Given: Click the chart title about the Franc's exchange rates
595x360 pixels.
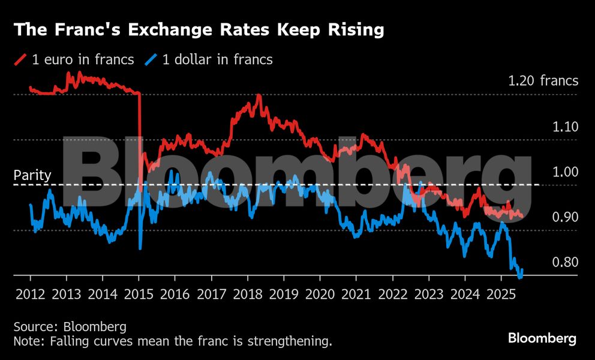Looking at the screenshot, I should pos(199,29).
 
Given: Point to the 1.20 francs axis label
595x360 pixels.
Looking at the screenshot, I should pos(543,80).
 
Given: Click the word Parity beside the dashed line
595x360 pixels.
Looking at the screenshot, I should pos(32,176).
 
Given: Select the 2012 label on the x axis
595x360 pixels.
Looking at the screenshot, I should pos(31,295).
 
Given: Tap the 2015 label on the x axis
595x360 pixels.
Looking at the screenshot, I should pos(139,295).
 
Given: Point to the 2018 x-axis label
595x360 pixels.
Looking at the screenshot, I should pos(248,295).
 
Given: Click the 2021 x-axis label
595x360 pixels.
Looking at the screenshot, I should pos(356,295).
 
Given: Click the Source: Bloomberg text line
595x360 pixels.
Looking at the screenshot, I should pos(70,327).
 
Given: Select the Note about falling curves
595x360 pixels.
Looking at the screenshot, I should pos(173,341).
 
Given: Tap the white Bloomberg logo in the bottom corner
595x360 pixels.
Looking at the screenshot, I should pos(542,338).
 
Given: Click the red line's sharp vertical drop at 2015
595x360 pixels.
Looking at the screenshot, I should pos(140,138).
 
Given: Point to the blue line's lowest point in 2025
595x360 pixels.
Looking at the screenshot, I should pos(519,277).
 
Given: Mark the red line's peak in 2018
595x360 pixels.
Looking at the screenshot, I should pos(259,95).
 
